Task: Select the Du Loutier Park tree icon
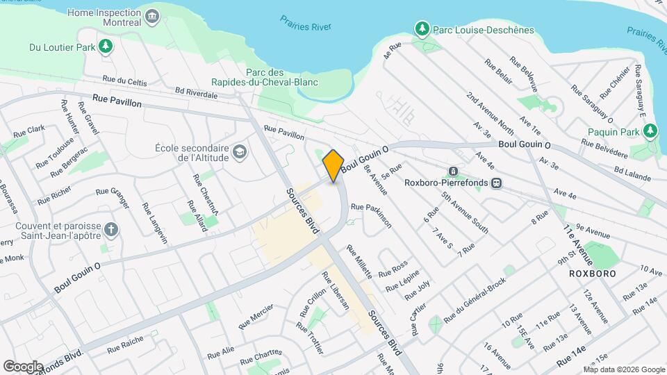pos(106,47)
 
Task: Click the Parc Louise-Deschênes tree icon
pos(421,29)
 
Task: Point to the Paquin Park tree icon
pos(650,131)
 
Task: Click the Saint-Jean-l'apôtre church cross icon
pos(110,230)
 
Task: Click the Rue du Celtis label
pos(124,81)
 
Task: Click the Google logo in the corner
pos(23,366)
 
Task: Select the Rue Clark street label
pos(28,130)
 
